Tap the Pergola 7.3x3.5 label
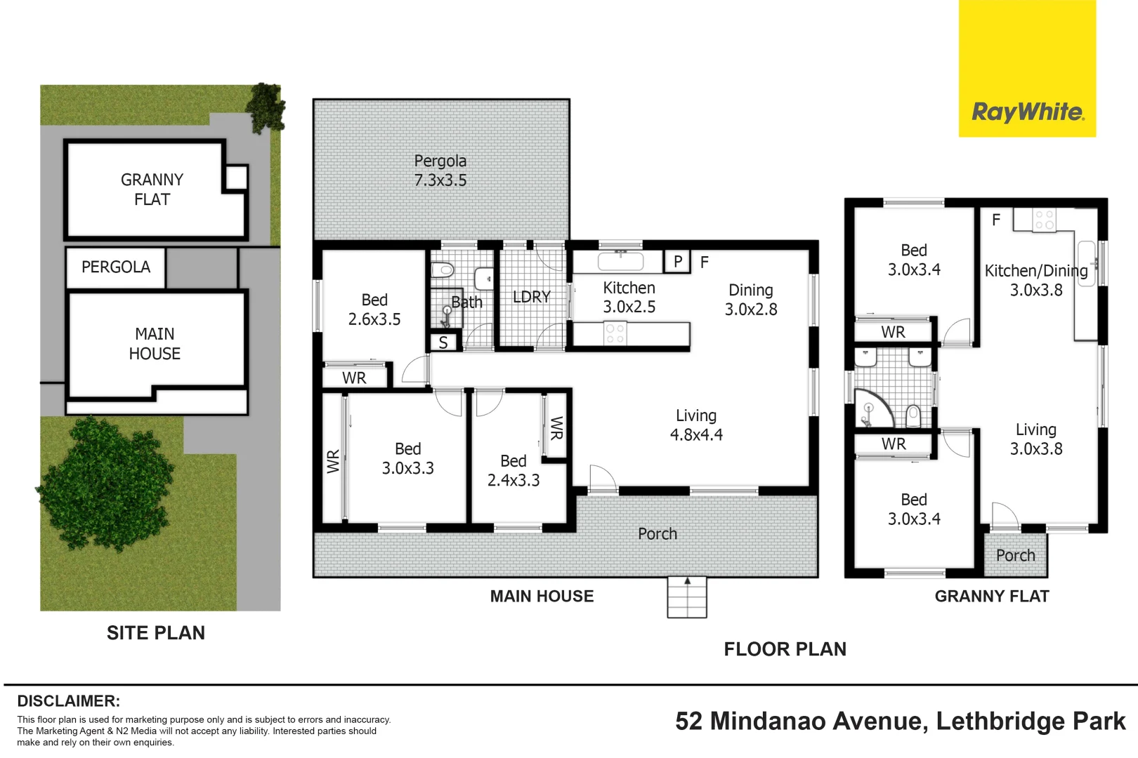click(440, 171)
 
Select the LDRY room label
click(531, 297)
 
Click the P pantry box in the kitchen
click(678, 262)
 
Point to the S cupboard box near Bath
click(443, 343)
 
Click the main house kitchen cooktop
click(615, 333)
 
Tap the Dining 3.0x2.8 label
click(751, 300)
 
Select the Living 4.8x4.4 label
click(696, 425)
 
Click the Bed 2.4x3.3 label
click(514, 470)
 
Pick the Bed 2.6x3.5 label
click(374, 310)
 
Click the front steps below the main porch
click(686, 597)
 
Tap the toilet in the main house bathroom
click(443, 270)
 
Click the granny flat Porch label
click(1015, 555)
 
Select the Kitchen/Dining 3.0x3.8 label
click(1035, 280)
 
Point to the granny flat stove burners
click(1044, 220)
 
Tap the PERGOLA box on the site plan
click(116, 267)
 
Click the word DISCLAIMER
click(68, 700)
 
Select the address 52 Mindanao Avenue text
click(900, 721)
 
